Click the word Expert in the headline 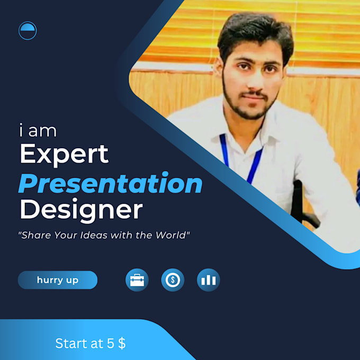[x=64, y=154]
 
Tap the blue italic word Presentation [x=110, y=184]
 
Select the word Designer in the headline [x=80, y=210]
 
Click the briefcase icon [x=137, y=280]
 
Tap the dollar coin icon [x=173, y=280]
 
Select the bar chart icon [x=209, y=280]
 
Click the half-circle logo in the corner [x=28, y=31]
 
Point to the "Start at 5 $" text [x=90, y=343]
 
